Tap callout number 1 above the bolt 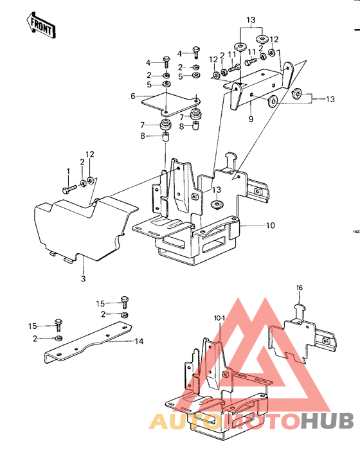click(x=68, y=170)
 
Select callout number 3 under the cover click(x=82, y=279)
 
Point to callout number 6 click(x=133, y=96)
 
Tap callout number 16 click(x=299, y=287)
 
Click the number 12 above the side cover click(x=90, y=154)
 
